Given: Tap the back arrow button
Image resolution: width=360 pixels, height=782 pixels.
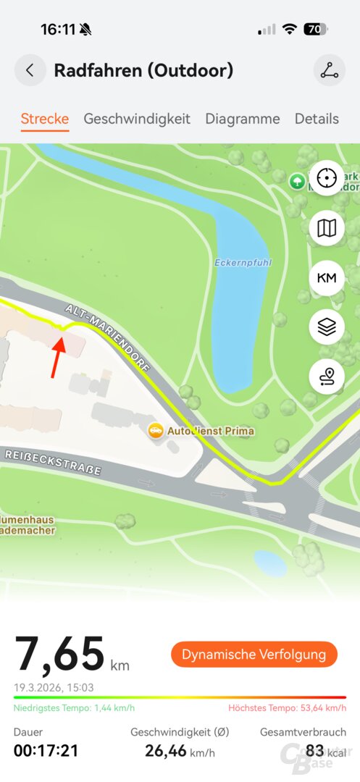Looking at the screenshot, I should pyautogui.click(x=30, y=70).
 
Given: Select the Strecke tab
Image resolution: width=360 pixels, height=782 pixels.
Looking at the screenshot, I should pyautogui.click(x=45, y=119).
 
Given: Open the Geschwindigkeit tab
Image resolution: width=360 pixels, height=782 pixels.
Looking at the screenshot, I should pyautogui.click(x=137, y=119).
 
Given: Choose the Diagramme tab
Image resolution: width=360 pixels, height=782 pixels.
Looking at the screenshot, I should pyautogui.click(x=242, y=119).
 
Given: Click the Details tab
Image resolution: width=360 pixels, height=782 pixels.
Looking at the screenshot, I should pyautogui.click(x=317, y=119).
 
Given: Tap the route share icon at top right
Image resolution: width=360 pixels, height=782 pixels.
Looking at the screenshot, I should pyautogui.click(x=330, y=70).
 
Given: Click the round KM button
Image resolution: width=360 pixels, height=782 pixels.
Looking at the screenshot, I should pyautogui.click(x=327, y=277).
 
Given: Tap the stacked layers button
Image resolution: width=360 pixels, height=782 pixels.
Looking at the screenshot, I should pyautogui.click(x=327, y=327).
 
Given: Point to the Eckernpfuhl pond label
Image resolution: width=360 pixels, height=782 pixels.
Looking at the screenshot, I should pyautogui.click(x=243, y=262).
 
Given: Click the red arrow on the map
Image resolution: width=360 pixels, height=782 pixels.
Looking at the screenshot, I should pyautogui.click(x=57, y=355).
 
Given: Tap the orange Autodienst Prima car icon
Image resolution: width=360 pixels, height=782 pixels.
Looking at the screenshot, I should pyautogui.click(x=155, y=431).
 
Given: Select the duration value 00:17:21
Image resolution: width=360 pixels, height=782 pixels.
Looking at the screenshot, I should pyautogui.click(x=46, y=751).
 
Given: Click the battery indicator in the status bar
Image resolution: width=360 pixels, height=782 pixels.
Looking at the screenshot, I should pyautogui.click(x=316, y=30).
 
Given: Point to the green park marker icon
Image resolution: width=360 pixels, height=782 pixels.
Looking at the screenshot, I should pyautogui.click(x=297, y=181).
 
